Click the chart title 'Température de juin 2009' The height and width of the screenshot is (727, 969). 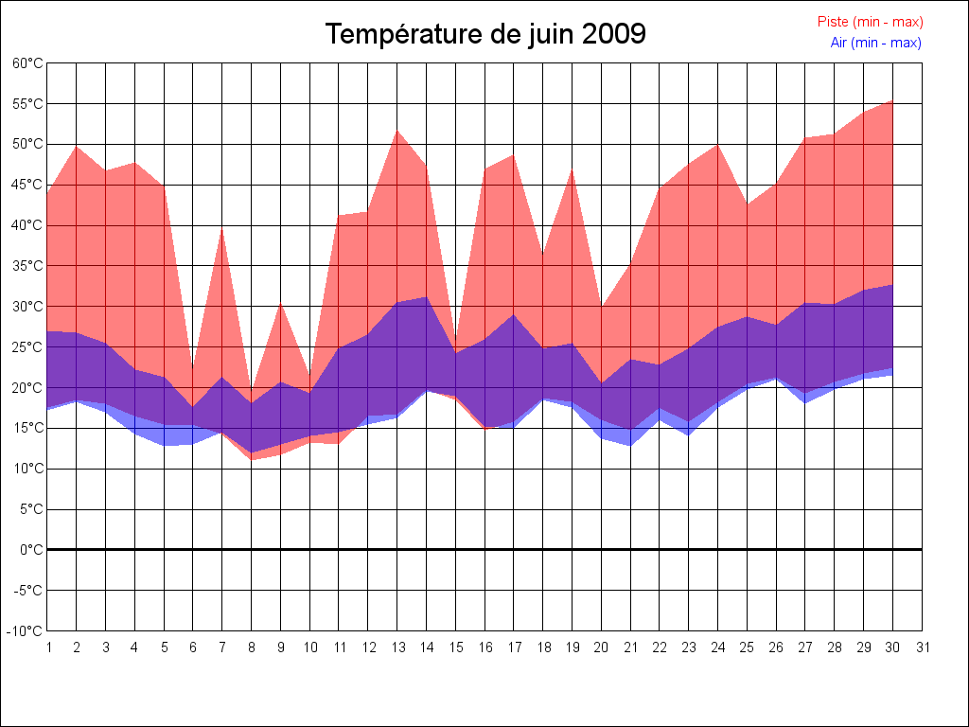click(485, 34)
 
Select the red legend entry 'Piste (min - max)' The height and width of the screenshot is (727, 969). click(870, 22)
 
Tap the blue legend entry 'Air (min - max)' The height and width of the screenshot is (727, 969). click(875, 43)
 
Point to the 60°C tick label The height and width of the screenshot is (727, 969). click(27, 63)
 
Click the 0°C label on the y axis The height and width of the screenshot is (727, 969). click(31, 550)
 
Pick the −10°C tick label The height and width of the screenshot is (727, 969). click(26, 631)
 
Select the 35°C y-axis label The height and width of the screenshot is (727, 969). click(27, 266)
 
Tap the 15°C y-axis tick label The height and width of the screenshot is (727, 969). click(27, 428)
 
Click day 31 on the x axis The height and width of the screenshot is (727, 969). click(923, 647)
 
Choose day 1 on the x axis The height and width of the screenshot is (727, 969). click(47, 647)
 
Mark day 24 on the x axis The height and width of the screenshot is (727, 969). click(718, 647)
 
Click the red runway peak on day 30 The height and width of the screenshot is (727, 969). click(892, 100)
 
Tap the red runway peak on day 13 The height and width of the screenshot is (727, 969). click(396, 131)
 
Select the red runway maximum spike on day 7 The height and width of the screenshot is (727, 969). click(222, 228)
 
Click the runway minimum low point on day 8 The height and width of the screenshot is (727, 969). click(252, 459)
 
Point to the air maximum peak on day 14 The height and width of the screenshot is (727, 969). click(426, 297)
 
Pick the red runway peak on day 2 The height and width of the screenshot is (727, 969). click(77, 146)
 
